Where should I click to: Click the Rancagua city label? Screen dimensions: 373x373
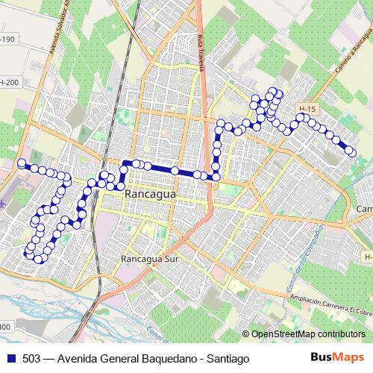click(x=151, y=193)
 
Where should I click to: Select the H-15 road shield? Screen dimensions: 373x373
click(x=307, y=109)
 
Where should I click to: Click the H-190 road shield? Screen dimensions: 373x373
click(x=7, y=40)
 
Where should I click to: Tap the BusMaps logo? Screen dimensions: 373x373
click(x=337, y=357)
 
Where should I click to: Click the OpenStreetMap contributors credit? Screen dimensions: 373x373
click(x=307, y=334)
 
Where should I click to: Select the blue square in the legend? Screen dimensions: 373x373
click(x=11, y=357)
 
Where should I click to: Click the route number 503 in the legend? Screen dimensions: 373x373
click(x=31, y=357)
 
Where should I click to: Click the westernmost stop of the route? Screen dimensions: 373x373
click(x=22, y=163)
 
